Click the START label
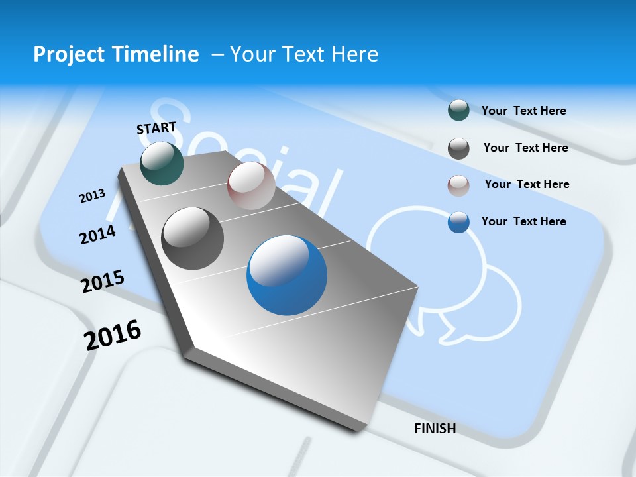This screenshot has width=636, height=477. coord(156,128)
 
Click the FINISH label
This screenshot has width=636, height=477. coord(435,429)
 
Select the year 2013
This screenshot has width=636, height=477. coord(92,196)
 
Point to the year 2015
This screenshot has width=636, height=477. coord(103,282)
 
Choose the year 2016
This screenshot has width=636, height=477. coord(113,335)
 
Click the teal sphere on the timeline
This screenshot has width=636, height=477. coord(162,164)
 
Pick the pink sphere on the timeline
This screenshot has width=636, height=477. coord(251,185)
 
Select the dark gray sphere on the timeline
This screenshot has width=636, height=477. coord(193,238)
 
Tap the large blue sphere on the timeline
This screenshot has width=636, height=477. coord(287,276)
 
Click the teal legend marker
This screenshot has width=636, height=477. coord(458,110)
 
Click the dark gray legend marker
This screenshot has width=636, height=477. coord(458,148)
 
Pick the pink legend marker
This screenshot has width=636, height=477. coord(458,185)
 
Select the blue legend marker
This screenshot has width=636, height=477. coord(458,222)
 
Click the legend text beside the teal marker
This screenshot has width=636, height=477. coord(523,111)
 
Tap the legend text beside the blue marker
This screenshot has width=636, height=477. coord(523,221)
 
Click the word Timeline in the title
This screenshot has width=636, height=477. coord(156,54)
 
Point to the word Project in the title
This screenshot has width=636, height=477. coord(66,54)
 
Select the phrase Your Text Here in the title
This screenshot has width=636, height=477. coord(304,54)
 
